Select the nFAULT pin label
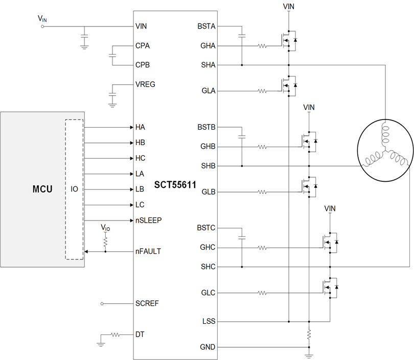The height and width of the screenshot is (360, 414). tap(148, 251)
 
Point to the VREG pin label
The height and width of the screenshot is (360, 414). tap(146, 84)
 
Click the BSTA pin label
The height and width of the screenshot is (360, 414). tap(206, 26)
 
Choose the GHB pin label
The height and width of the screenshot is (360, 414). tap(208, 147)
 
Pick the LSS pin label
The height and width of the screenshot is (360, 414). tap(209, 322)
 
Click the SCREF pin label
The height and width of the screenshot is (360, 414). tap(147, 303)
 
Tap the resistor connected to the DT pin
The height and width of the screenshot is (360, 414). tap(116, 335)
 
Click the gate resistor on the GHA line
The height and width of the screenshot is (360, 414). tap(262, 46)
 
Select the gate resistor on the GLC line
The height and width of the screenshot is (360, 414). tap(262, 293)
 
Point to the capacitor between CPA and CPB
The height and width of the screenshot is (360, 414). tap(112, 55)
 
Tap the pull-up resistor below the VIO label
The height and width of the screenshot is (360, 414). tap(105, 240)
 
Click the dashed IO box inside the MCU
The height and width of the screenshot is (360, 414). tap(74, 189)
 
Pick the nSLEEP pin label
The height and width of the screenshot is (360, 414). tap(149, 220)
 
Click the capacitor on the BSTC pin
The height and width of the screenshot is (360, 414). tap(242, 237)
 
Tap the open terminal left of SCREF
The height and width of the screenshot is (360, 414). tap(102, 303)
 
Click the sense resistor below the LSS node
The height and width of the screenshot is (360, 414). tap(309, 334)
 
